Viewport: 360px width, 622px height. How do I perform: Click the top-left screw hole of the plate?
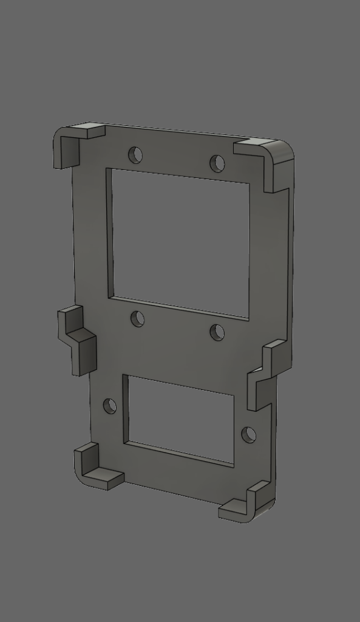pos(135,155)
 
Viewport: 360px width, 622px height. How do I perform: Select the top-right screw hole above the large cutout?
pos(217,163)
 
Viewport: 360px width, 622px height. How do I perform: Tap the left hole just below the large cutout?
pos(138,319)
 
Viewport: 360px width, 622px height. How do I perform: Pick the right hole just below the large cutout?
pos(217,332)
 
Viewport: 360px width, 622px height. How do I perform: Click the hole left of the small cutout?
pos(110,406)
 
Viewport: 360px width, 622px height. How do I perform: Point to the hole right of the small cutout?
pos(248,435)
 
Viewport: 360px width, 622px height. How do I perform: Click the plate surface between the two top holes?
pos(176,159)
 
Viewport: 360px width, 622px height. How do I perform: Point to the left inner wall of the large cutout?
pos(110,234)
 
